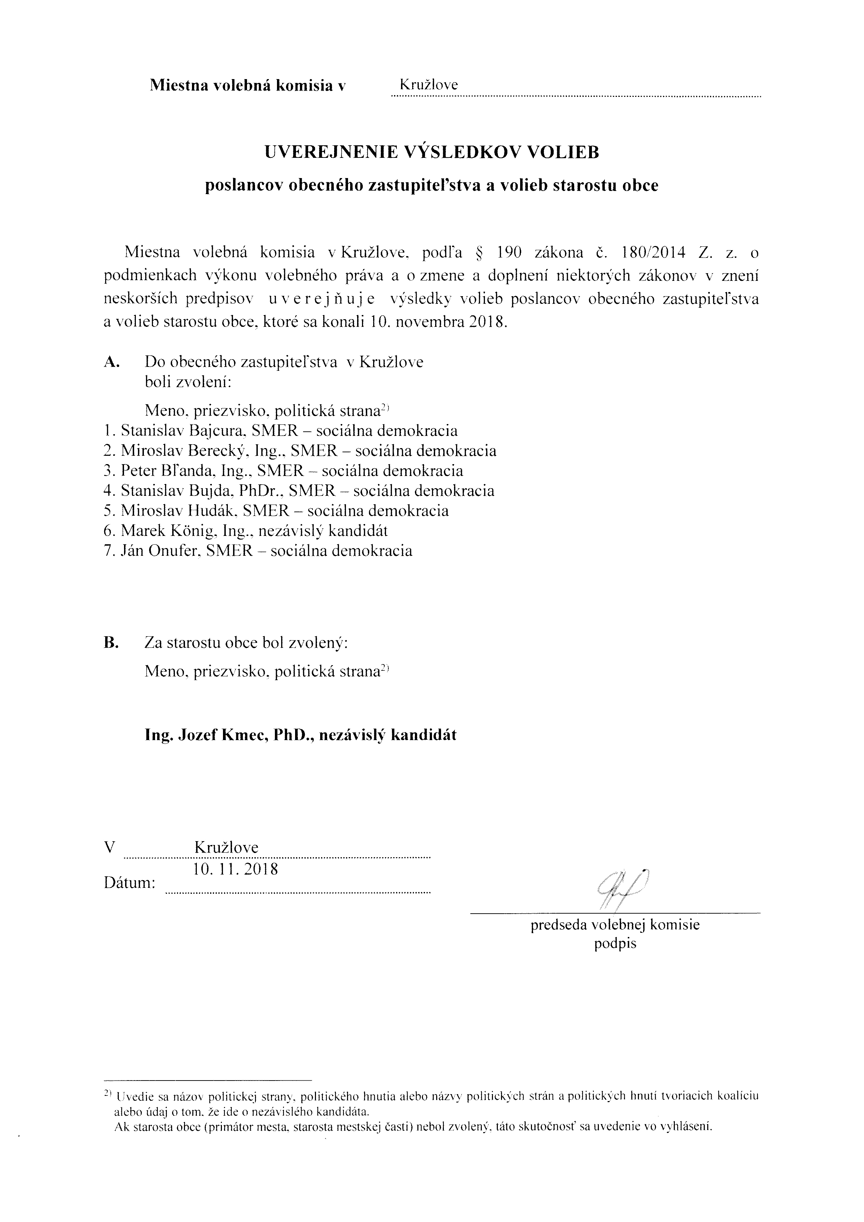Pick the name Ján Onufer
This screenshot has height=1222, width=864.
(x=160, y=551)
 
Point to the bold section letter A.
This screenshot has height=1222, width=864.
(x=111, y=362)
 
